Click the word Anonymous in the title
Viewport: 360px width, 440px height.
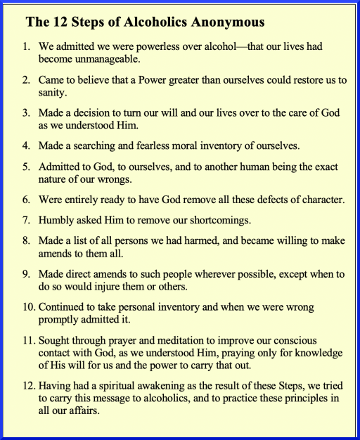pos(227,22)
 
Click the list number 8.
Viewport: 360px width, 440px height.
pos(26,241)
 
